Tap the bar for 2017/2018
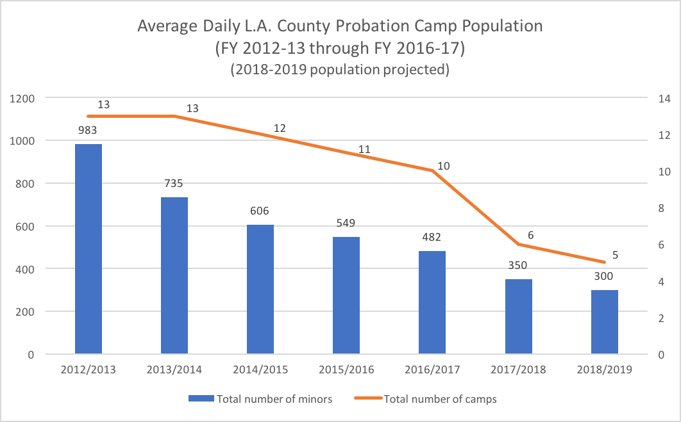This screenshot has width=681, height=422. pos(519,316)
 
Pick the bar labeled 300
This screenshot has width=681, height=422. pos(605,321)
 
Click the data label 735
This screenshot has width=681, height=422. pos(174,183)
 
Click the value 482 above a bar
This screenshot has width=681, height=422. pos(432,237)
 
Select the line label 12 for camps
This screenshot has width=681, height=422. pos(280,128)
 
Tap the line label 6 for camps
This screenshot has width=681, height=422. pos(530,235)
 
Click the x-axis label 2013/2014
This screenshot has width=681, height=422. pos(174,370)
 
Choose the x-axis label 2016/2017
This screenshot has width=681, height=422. pos(432,370)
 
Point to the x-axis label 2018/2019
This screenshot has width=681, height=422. pos(605,370)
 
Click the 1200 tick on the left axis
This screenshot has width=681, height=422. pos(22,99)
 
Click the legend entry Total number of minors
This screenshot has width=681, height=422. pos(274,399)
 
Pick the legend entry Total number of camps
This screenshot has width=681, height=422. pos(440,399)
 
